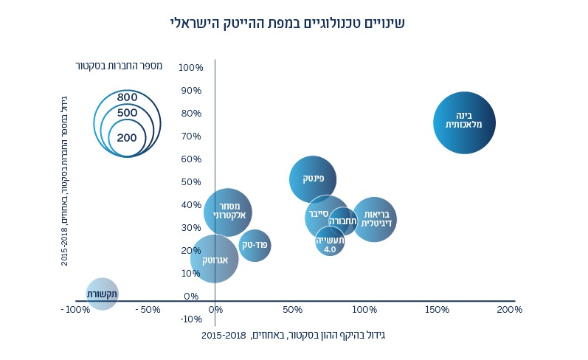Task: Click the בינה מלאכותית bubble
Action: coord(464,122)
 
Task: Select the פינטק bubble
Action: coord(313,179)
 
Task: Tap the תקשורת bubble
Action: coord(102,294)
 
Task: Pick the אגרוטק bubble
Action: coord(214,259)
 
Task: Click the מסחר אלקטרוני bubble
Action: coord(228,212)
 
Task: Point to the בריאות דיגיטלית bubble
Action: coord(375,218)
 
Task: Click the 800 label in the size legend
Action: coord(128,97)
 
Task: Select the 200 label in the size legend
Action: coord(127,137)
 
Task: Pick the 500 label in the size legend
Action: coord(128,113)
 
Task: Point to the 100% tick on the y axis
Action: coord(191,68)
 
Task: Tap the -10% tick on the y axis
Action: coord(191,319)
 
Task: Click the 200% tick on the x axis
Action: coord(509,310)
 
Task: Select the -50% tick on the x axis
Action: coord(149,310)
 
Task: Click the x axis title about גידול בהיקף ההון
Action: coord(294,335)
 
